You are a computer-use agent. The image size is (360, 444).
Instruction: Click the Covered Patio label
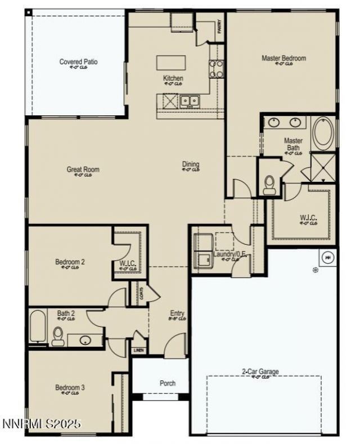tap(78, 61)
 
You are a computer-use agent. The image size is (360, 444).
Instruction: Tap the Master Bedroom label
tap(283, 58)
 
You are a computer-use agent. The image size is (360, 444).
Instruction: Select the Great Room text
tap(83, 169)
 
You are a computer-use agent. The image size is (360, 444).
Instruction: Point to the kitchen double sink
tap(190, 101)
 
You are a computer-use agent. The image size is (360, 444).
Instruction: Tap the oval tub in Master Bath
tap(322, 133)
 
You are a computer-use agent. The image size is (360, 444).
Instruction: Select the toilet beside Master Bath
tap(269, 183)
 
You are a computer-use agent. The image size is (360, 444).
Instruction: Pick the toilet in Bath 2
tap(57, 337)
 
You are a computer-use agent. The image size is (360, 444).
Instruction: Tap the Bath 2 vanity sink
tap(85, 340)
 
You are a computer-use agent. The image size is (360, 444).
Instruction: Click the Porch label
tap(167, 383)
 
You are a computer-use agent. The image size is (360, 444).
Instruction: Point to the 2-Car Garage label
tap(260, 371)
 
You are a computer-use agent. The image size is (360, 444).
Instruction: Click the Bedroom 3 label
tap(70, 387)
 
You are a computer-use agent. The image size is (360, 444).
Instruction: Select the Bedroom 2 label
tap(70, 262)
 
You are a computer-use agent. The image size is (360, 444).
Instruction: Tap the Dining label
tap(190, 164)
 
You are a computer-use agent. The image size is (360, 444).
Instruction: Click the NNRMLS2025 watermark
tap(42, 423)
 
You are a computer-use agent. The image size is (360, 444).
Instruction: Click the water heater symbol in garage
tap(327, 258)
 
